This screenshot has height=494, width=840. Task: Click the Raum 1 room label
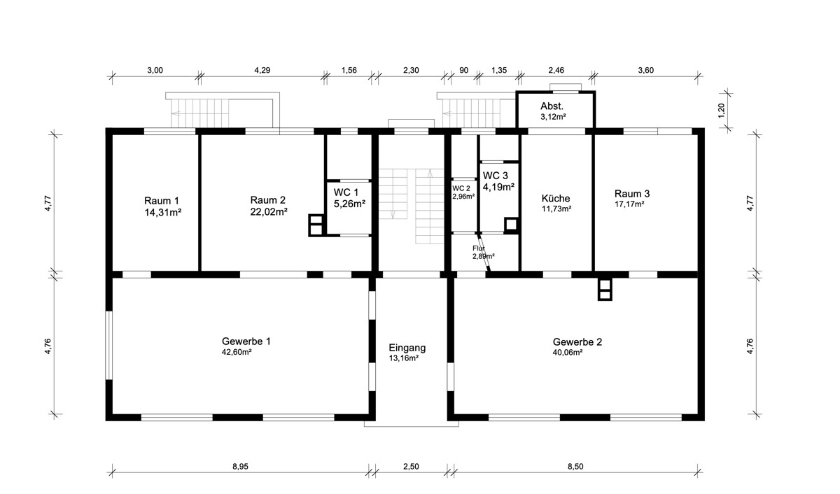click(x=162, y=201)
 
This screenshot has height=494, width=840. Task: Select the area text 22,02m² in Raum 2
click(x=269, y=212)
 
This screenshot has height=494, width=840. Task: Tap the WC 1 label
click(x=346, y=192)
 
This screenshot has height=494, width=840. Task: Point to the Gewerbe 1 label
click(x=246, y=341)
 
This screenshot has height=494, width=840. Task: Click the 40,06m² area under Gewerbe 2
click(x=568, y=353)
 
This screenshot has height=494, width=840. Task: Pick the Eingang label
click(x=407, y=348)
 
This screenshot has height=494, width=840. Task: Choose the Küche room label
click(x=556, y=199)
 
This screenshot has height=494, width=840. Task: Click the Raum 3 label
click(x=632, y=194)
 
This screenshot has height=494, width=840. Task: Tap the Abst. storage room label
click(x=552, y=106)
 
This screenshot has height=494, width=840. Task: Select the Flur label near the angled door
click(x=479, y=248)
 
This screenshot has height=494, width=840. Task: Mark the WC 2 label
click(x=461, y=188)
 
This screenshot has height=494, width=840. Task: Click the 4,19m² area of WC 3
click(x=498, y=187)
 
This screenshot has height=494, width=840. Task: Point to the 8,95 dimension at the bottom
click(x=240, y=467)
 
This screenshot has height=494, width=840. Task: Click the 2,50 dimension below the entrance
click(x=411, y=467)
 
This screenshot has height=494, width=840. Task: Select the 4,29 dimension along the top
click(x=262, y=70)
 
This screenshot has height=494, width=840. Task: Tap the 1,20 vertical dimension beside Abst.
click(x=722, y=110)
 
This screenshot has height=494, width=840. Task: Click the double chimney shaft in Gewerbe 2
click(x=605, y=290)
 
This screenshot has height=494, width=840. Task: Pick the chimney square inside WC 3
click(x=511, y=225)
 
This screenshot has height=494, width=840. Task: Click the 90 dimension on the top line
click(x=464, y=70)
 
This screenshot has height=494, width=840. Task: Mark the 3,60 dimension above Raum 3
click(x=645, y=70)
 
